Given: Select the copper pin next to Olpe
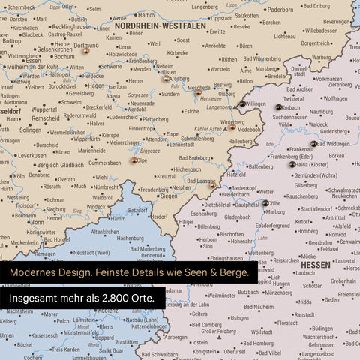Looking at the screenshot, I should click(x=134, y=160).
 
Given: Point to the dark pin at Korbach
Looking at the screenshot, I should click(x=278, y=108).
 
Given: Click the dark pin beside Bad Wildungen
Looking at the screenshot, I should click(x=313, y=143).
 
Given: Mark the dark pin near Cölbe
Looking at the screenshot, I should click(x=265, y=202).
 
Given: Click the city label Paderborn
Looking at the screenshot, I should click(x=281, y=10).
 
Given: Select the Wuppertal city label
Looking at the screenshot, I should click(x=43, y=109).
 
